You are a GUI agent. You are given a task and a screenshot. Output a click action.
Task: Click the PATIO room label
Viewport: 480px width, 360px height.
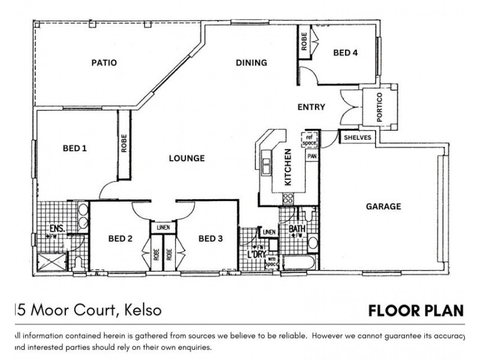[104, 62]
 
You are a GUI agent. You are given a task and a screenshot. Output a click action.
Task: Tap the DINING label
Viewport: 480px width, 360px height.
[251, 62]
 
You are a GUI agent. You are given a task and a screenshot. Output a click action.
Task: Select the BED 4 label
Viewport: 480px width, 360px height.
[346, 53]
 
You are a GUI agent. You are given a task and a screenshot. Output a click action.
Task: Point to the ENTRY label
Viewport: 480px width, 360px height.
[311, 107]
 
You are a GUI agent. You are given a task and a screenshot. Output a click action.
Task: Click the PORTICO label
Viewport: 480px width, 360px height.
[379, 107]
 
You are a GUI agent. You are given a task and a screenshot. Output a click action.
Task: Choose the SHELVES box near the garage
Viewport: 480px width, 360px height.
[358, 137]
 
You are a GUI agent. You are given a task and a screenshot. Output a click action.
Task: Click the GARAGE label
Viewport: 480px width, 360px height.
[383, 206]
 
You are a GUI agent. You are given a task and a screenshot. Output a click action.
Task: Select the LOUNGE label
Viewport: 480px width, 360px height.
[187, 158]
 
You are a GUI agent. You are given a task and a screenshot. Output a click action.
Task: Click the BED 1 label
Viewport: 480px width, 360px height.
[75, 148]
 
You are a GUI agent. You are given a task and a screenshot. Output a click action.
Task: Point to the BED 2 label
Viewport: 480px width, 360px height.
[120, 239]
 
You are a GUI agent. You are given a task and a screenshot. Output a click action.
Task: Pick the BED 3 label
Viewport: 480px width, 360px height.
[210, 239]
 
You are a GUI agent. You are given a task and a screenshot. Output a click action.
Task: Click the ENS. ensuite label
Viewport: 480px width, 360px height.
[58, 228]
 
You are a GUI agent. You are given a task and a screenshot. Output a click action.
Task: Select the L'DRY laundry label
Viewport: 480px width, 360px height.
[257, 255]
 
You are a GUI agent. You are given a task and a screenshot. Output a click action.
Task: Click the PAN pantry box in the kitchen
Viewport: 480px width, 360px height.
[311, 156]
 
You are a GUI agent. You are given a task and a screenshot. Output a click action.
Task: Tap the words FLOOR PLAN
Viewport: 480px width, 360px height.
[416, 311]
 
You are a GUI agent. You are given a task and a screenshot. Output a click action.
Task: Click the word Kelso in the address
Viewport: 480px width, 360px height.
[143, 311]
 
